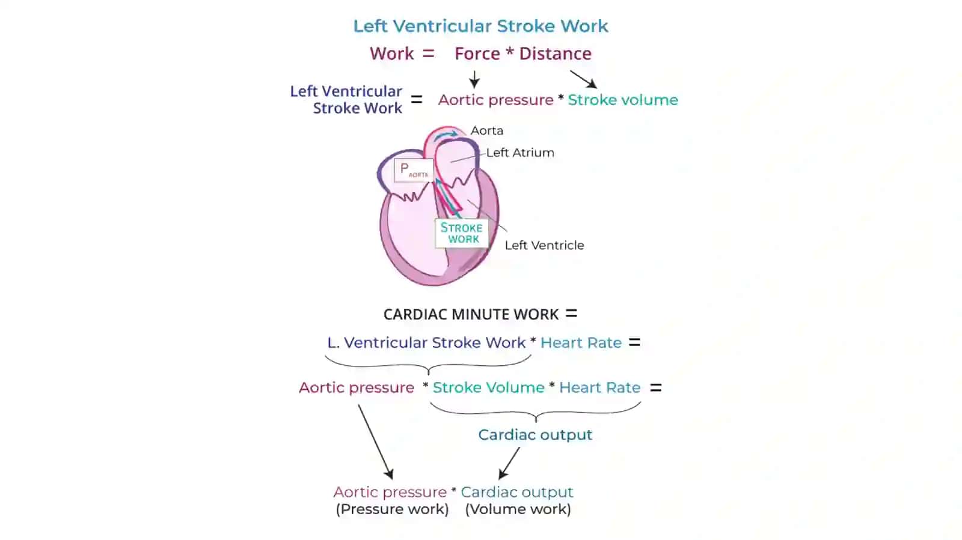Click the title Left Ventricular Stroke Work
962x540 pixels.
[480, 26]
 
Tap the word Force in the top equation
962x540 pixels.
[477, 53]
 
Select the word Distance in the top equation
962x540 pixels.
[556, 53]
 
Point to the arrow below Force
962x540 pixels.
[474, 79]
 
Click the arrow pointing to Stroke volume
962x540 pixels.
[584, 79]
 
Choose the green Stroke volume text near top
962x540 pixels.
[623, 100]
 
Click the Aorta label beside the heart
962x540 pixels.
[486, 130]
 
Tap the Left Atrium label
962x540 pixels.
[520, 153]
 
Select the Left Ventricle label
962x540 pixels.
[545, 245]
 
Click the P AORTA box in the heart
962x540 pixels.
[414, 170]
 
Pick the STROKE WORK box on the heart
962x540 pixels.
[462, 233]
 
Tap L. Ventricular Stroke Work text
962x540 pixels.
[426, 343]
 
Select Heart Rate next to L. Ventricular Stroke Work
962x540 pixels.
[581, 343]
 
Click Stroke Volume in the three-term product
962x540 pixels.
[489, 388]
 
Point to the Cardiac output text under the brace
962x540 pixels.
[535, 435]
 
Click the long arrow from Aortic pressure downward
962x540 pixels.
[376, 441]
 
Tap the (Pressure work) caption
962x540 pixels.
[393, 509]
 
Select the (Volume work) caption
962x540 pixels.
[518, 509]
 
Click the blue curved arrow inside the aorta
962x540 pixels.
[445, 135]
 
